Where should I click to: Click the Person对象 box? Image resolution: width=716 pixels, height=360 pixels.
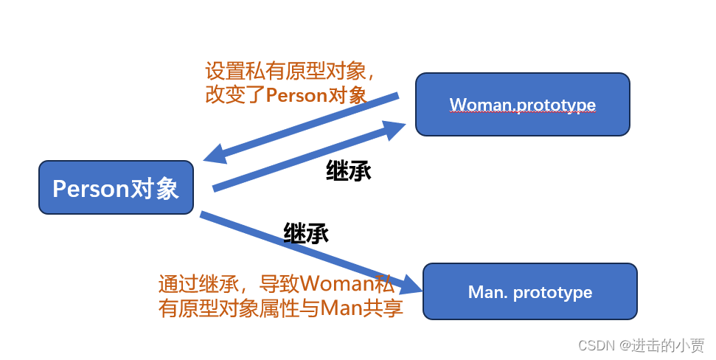coord(116,188)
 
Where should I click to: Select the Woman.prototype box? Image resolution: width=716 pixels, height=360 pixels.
coord(522,104)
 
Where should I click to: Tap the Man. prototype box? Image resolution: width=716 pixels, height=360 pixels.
coord(529,291)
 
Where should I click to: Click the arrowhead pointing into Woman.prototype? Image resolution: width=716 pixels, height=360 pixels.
coord(395,130)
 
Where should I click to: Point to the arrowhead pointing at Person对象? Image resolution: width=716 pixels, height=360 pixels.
coord(214,154)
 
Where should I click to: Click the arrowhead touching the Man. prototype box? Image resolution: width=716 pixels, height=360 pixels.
coord(410,283)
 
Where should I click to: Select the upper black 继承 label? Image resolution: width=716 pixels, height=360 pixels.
coord(348,171)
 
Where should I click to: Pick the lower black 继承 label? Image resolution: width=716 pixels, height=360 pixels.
coord(305,234)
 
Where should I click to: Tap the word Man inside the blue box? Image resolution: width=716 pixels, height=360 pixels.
coord(484,292)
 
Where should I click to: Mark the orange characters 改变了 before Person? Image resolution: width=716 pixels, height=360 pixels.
coord(234,95)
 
